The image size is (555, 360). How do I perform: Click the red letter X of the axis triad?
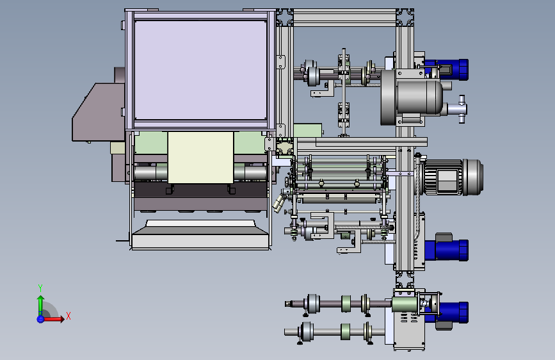68,316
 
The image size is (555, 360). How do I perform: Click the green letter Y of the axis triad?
40,288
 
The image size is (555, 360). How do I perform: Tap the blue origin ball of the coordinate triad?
40,319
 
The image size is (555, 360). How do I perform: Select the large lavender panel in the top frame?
200,70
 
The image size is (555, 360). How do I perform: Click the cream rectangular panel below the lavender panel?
200,158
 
